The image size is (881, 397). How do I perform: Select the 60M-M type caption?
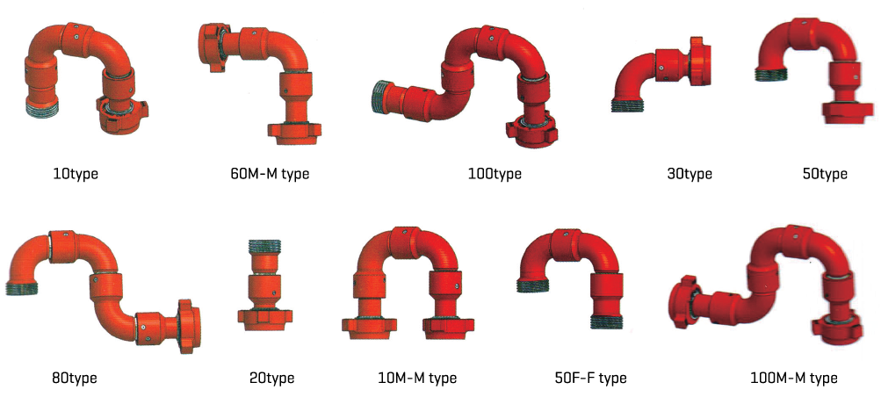click(270, 174)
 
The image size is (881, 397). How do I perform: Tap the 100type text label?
click(495, 174)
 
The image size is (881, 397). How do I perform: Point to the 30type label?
click(688, 174)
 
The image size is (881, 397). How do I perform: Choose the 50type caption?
click(825, 174)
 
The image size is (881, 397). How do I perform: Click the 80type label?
click(74, 378)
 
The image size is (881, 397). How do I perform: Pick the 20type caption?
click(271, 378)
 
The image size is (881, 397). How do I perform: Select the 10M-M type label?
click(417, 378)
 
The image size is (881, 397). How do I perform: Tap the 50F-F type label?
click(589, 378)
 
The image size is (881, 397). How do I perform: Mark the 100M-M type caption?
click(794, 378)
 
